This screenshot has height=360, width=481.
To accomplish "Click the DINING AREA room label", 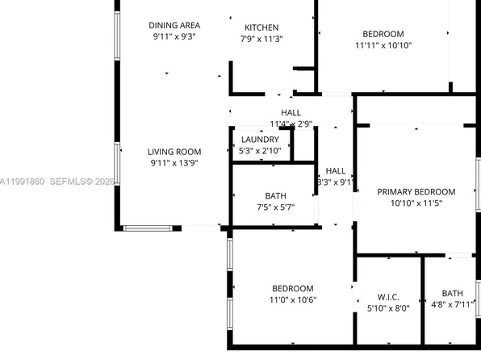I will click(174, 24).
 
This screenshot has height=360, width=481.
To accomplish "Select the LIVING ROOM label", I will click(174, 152).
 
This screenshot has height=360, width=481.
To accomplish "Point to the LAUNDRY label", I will click(260, 140).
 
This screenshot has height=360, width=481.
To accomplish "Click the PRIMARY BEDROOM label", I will click(416, 192).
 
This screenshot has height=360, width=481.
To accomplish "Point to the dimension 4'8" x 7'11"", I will click(452, 304).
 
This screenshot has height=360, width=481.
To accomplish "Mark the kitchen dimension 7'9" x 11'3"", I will click(261, 39).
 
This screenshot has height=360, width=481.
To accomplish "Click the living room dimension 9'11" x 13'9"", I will click(174, 163).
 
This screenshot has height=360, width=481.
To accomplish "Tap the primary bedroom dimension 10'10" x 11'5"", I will click(416, 203).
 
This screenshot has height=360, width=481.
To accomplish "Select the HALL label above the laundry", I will click(291, 112).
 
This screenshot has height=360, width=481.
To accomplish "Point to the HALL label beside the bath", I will click(336, 171).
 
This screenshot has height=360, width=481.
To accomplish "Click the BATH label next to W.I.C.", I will click(452, 293).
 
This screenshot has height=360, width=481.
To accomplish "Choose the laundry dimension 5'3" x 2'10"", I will click(260, 150).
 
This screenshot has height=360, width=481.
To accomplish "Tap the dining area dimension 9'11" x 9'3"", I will click(174, 36).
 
